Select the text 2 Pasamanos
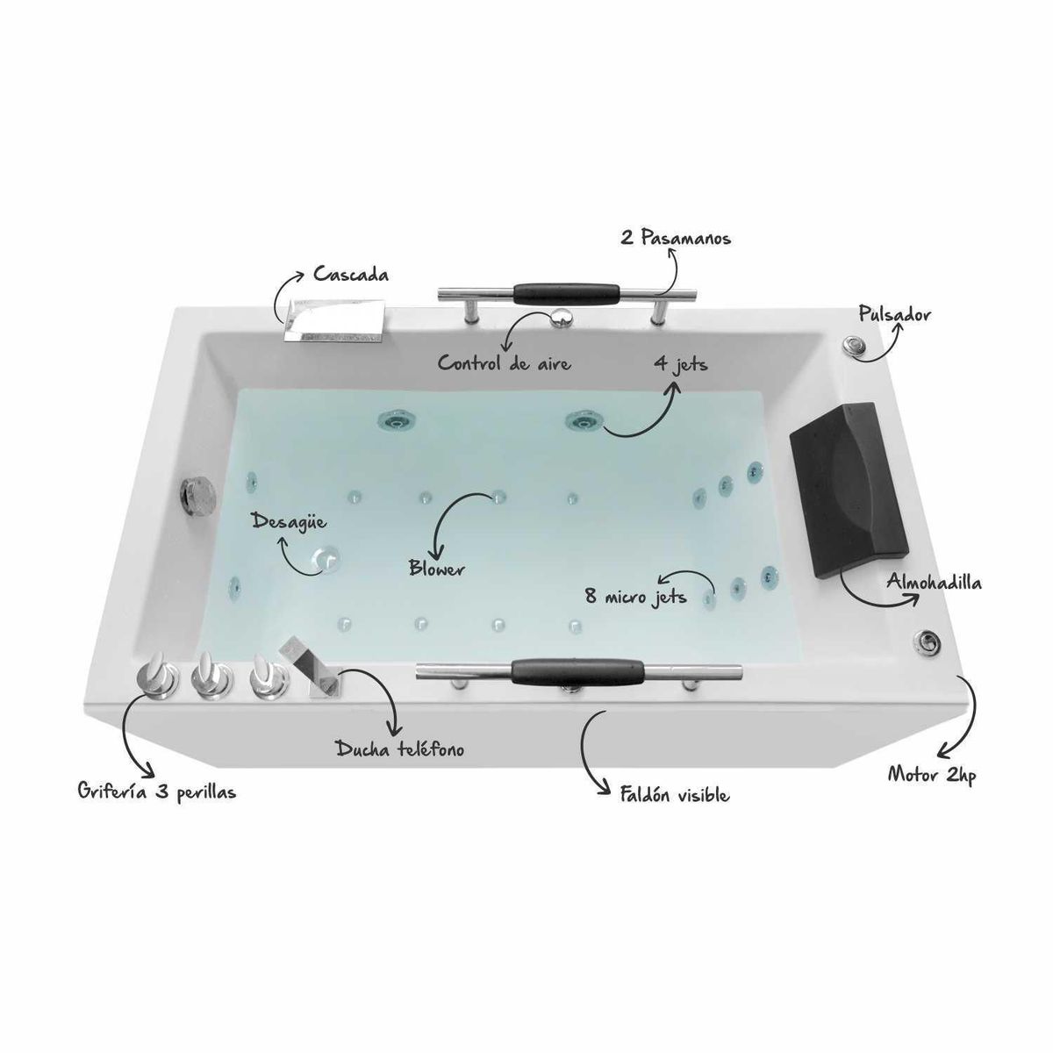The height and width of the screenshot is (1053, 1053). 676,239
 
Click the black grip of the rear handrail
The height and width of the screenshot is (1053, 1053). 566,293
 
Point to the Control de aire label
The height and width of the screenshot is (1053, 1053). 505,363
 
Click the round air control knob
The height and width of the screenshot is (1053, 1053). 562,317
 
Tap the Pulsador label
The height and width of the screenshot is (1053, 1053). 894,314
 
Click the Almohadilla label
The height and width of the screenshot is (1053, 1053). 934,582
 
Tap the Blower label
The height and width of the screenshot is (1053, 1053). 437,569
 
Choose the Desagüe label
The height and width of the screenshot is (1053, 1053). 289,520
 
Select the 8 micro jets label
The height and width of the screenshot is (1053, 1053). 635,597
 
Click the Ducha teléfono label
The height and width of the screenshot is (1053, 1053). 399,749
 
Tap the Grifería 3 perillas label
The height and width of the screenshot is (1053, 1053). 157,792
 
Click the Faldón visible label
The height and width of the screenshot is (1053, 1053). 674,794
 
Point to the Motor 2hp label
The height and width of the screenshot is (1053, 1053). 931,775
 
